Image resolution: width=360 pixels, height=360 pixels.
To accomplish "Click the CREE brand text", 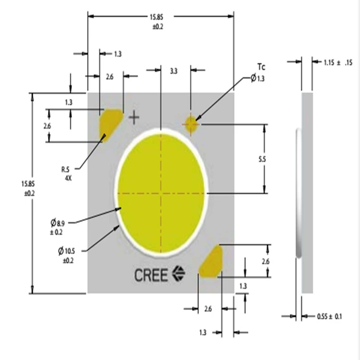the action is [x=151, y=275].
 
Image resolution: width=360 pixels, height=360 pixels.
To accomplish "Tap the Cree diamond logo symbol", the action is [x=179, y=273].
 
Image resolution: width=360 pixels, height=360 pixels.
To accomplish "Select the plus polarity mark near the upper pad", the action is [x=134, y=118].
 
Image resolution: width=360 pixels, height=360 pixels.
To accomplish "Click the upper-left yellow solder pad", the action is [x=110, y=125].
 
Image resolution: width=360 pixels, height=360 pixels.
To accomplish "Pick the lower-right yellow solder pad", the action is [x=211, y=262].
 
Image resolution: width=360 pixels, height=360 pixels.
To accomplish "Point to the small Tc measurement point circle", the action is [x=191, y=124].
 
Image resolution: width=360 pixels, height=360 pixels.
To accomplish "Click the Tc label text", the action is [x=261, y=67].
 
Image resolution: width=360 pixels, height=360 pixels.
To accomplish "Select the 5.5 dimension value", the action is [x=262, y=159].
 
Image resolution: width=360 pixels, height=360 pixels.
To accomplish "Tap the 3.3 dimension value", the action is [x=174, y=71].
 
